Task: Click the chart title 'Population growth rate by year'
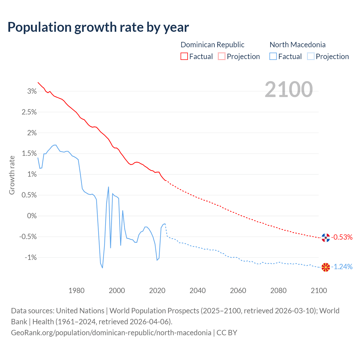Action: [98, 27]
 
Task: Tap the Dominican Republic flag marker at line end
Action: [326, 238]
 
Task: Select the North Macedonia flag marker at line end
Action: [326, 267]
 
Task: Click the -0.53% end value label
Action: [342, 237]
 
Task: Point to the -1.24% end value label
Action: [342, 267]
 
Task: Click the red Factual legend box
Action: [184, 57]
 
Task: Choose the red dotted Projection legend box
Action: [222, 57]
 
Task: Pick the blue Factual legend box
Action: [273, 57]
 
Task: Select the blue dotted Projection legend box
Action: [310, 57]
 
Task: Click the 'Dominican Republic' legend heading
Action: [212, 45]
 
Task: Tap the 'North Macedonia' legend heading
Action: [298, 45]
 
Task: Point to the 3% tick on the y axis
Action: [32, 91]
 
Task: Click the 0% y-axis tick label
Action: [32, 216]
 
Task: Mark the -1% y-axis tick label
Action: [31, 257]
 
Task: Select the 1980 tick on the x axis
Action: [76, 291]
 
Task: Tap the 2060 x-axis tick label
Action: [238, 291]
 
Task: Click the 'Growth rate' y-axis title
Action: [12, 175]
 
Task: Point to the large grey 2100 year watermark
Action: [289, 89]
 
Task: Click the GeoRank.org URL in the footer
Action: [111, 333]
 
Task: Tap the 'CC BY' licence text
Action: [227, 333]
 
